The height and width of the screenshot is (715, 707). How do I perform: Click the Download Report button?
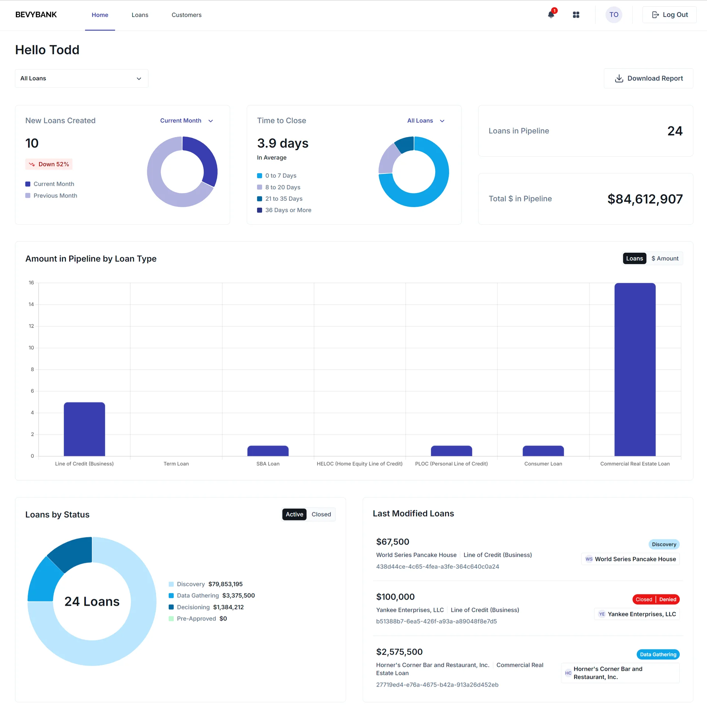point(648,78)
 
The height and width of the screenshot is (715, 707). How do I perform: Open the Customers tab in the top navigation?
point(186,15)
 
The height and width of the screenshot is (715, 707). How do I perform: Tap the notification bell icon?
point(551,15)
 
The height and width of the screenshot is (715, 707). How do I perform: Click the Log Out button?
point(669,15)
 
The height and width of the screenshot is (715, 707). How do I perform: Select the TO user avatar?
point(613,15)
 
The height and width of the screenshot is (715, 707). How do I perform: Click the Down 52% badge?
point(49,164)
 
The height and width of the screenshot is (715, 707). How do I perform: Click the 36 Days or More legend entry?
point(284,210)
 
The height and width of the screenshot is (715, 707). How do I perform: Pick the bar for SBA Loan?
point(268,451)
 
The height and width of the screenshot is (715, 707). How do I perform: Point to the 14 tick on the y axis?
point(31,304)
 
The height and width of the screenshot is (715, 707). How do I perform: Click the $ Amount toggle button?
point(664,258)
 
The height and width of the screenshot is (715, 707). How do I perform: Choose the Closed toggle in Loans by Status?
point(321,514)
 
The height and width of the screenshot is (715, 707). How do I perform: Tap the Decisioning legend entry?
point(193,607)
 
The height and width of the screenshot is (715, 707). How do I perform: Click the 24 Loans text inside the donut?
point(92,602)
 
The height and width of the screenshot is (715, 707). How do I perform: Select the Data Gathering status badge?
point(658,654)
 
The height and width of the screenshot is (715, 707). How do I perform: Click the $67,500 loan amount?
point(393,542)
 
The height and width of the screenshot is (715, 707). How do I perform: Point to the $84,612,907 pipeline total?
point(645,199)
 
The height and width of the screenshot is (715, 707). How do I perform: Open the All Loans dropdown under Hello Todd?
point(81,78)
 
